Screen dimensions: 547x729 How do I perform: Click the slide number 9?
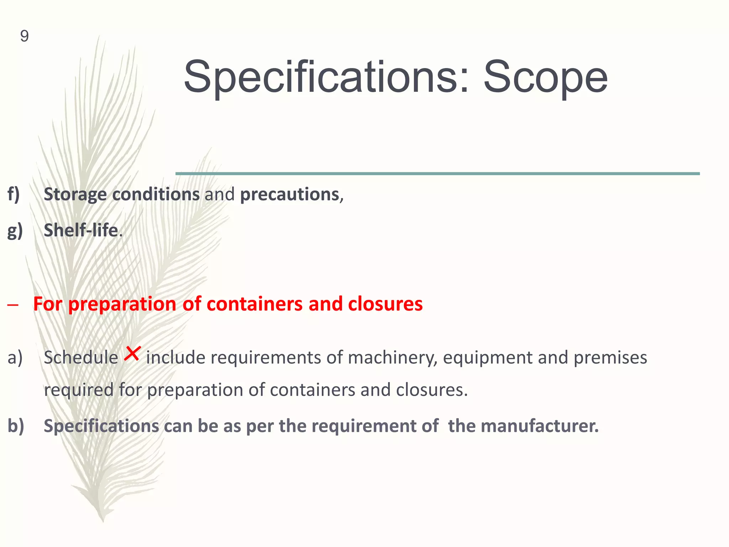pyautogui.click(x=24, y=36)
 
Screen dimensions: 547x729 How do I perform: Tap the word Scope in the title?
pyautogui.click(x=545, y=77)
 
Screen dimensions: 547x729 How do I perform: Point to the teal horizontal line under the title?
pyautogui.click(x=437, y=173)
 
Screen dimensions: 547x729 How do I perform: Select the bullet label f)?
pyautogui.click(x=14, y=194)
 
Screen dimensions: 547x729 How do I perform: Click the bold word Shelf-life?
pyautogui.click(x=81, y=230)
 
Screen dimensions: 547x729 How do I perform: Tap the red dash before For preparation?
pyautogui.click(x=12, y=305)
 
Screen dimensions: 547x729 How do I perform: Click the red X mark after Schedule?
pyautogui.click(x=132, y=354)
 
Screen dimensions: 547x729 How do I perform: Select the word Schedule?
pyautogui.click(x=81, y=358)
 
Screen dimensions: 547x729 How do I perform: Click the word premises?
pyautogui.click(x=610, y=358)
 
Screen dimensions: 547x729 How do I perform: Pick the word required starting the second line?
pyautogui.click(x=79, y=390)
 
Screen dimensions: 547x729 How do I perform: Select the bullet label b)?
pyautogui.click(x=16, y=426)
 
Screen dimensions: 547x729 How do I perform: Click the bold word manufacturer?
pyautogui.click(x=540, y=426)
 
